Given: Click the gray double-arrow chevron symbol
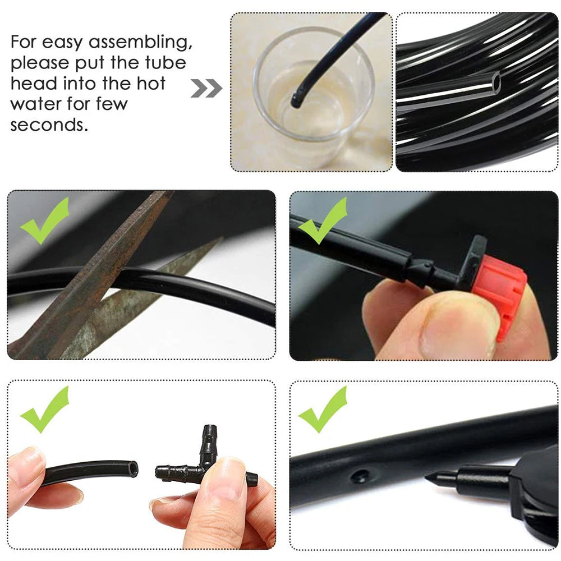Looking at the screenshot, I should [206, 88].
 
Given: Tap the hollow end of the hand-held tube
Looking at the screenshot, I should [132, 469].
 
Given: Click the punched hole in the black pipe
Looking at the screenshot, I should [359, 477].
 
